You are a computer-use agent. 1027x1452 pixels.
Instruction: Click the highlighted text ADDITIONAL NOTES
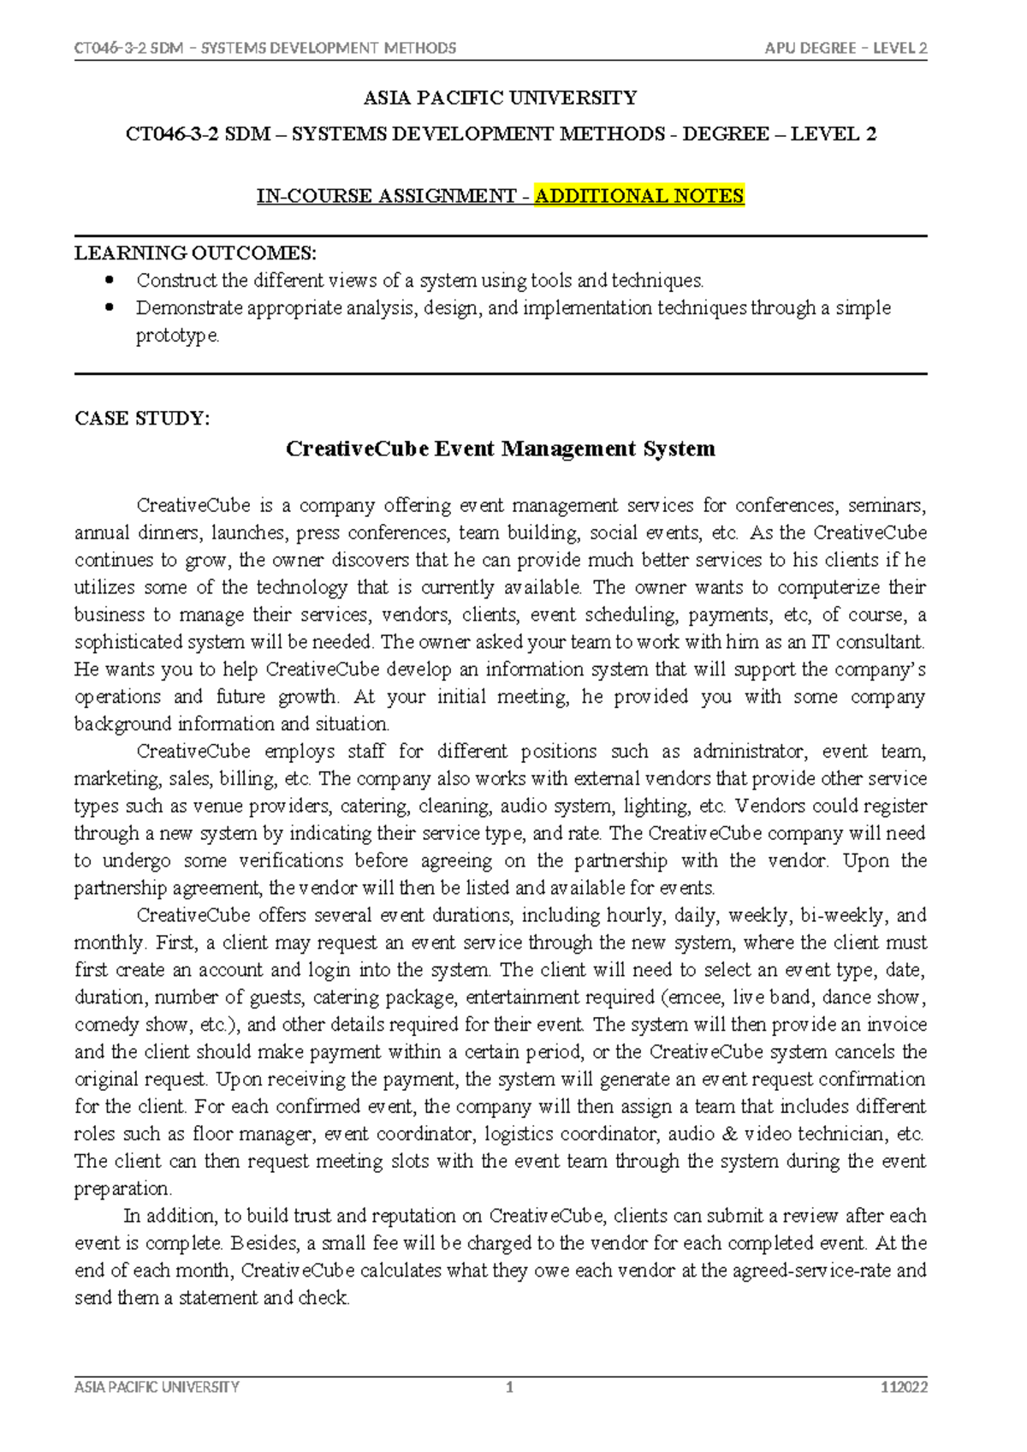pyautogui.click(x=639, y=196)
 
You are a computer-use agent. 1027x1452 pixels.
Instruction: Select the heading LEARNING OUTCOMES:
pyautogui.click(x=195, y=253)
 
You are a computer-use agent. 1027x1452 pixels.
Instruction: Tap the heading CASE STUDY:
pyautogui.click(x=142, y=419)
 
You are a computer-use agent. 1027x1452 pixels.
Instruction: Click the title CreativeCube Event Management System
pyautogui.click(x=501, y=449)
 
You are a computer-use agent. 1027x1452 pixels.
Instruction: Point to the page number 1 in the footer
pyautogui.click(x=510, y=1388)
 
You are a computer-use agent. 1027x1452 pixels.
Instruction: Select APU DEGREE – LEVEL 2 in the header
pyautogui.click(x=846, y=48)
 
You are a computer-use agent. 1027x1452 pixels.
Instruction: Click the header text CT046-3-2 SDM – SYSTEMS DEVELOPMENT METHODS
pyautogui.click(x=265, y=48)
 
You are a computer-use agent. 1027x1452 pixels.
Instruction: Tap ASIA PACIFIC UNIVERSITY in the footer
pyautogui.click(x=157, y=1388)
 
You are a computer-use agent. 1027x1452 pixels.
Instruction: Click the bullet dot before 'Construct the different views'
pyautogui.click(x=109, y=280)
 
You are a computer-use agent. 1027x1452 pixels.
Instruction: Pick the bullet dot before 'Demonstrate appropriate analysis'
pyautogui.click(x=109, y=307)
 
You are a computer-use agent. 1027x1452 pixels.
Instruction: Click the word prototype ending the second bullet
pyautogui.click(x=176, y=336)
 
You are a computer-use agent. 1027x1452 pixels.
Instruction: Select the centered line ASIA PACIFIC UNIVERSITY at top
pyautogui.click(x=501, y=98)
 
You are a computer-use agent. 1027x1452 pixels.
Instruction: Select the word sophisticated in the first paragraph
pyautogui.click(x=128, y=642)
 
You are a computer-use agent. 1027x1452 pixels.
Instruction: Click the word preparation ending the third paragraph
pyautogui.click(x=122, y=1189)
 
